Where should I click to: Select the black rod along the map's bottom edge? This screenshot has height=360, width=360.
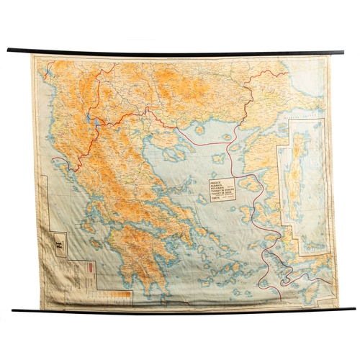(180, 308)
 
